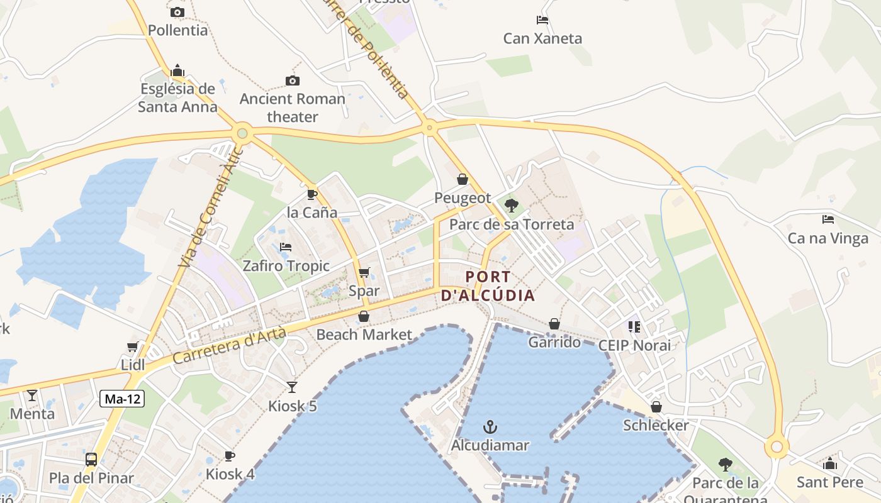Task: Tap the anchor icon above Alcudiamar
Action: point(490,428)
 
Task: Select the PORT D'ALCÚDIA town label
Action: point(488,286)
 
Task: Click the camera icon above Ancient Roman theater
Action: point(292,80)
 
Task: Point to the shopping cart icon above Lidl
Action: point(133,346)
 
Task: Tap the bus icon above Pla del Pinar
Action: point(91,459)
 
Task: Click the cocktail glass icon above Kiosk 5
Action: point(292,387)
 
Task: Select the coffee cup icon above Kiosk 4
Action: point(230,456)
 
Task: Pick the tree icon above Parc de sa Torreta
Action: point(511,205)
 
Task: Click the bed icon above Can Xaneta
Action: point(542,20)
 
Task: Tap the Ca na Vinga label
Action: point(828,238)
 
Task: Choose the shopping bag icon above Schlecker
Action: point(656,407)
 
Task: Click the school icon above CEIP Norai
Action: point(634,326)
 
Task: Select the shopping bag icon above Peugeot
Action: point(463,180)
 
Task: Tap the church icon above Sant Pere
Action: point(830,464)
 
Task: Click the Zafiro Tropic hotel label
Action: point(286,266)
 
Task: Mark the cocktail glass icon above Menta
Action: point(32,395)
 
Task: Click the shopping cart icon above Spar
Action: point(364,272)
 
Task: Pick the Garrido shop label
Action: point(554,342)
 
